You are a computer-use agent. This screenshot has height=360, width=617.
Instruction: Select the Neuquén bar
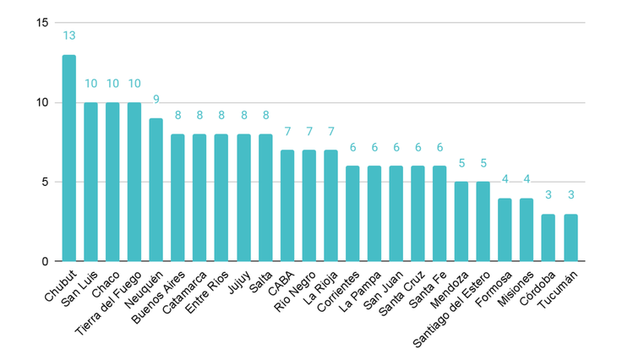[156, 190]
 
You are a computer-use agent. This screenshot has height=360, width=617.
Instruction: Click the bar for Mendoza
[461, 221]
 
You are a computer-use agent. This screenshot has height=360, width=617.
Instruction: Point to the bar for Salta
[265, 198]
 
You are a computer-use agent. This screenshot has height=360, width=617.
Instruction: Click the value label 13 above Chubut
[69, 35]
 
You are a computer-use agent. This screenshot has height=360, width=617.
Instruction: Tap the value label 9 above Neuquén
[156, 99]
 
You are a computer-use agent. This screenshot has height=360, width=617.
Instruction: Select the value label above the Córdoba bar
[549, 194]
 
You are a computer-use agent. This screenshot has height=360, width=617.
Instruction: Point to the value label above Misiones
[527, 178]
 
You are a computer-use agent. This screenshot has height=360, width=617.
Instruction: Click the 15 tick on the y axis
[42, 23]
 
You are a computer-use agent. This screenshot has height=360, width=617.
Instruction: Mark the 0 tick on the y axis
[46, 261]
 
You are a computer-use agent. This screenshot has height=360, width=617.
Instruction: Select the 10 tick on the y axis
[42, 102]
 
